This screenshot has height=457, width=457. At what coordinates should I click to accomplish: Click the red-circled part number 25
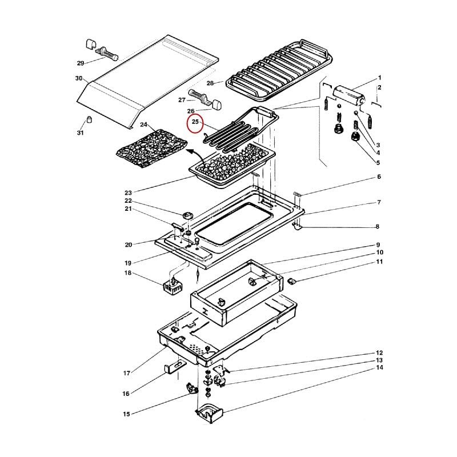pos(195,122)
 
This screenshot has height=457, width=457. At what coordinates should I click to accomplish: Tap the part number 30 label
pos(79,78)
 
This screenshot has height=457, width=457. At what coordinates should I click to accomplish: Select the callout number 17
pos(127,374)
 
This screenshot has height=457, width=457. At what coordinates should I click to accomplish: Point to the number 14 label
pos(379,368)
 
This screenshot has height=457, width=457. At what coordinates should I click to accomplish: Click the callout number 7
pos(379,203)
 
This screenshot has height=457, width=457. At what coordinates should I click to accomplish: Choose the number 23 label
pos(128,192)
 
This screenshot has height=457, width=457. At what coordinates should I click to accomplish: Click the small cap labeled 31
pos(89,119)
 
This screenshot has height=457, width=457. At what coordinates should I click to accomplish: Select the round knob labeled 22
pos(188,215)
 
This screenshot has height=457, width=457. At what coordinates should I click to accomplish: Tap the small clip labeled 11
pos(292,280)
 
